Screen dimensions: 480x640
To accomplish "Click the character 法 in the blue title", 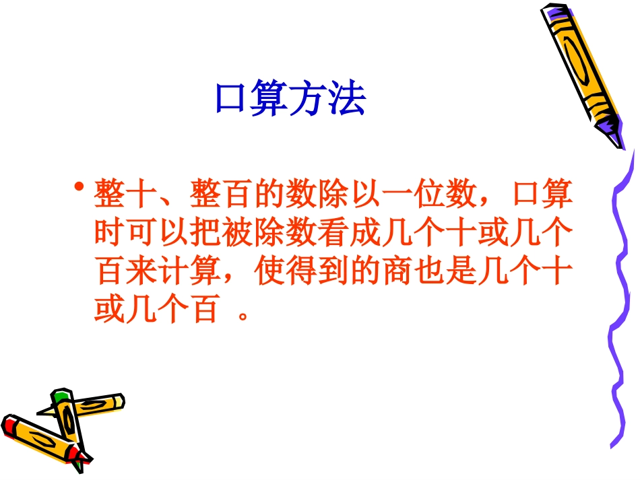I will [347, 100].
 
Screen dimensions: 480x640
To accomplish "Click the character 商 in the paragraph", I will [397, 273].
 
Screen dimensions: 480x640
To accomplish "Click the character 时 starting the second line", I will [110, 236].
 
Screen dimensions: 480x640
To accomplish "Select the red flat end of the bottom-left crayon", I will [9, 426].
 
